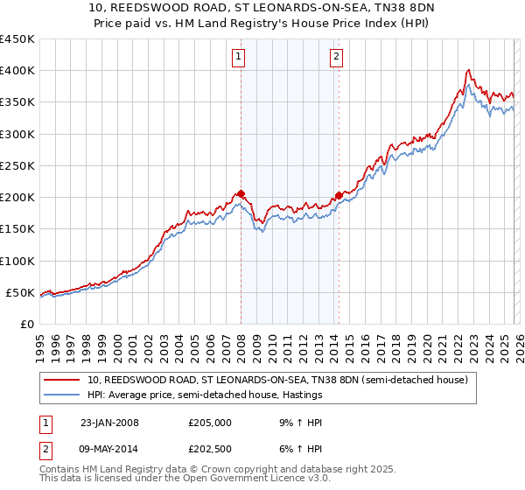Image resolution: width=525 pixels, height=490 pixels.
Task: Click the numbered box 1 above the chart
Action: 239,58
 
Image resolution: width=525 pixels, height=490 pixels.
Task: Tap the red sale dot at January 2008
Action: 241,194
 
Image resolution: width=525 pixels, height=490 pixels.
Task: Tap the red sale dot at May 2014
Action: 339,196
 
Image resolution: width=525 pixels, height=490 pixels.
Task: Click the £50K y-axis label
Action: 21,292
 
